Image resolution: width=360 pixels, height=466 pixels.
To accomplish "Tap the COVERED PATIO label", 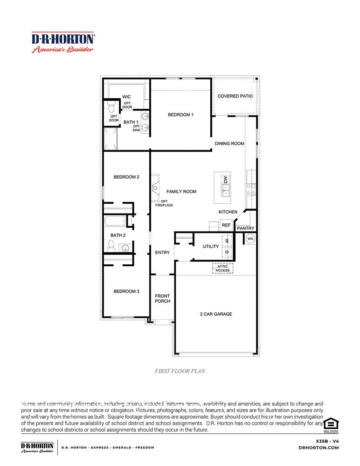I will tap(235, 96).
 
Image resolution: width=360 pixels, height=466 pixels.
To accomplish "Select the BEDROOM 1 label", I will tap(181, 115).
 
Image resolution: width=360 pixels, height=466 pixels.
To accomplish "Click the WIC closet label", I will tap(126, 97).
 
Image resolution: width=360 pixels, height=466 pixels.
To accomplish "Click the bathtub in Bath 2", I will tap(115, 221).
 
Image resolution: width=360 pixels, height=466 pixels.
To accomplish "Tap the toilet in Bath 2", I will tap(111, 247).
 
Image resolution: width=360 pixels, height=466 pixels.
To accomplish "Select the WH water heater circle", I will tap(250, 238).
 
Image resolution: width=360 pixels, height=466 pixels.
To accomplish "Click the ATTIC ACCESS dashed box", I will tap(223, 268).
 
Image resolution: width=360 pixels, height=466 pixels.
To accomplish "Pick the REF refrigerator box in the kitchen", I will tap(226, 225).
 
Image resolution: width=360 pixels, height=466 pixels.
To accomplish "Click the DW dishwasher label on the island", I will tap(226, 179).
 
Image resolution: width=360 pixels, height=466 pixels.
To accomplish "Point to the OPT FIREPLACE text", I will tap(164, 203).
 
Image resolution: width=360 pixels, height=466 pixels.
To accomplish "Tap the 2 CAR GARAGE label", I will tap(216, 314).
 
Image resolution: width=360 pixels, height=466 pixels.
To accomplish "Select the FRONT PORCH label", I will tap(162, 298).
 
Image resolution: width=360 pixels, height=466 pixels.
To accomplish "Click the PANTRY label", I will tap(246, 228).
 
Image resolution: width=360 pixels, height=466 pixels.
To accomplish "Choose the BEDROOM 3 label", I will tap(126, 291).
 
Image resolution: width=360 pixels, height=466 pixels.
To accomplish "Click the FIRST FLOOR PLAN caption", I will tap(180, 371).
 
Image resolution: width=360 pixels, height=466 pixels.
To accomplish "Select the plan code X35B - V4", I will tap(327, 441).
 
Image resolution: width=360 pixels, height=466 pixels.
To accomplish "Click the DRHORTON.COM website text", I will tap(319, 448).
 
